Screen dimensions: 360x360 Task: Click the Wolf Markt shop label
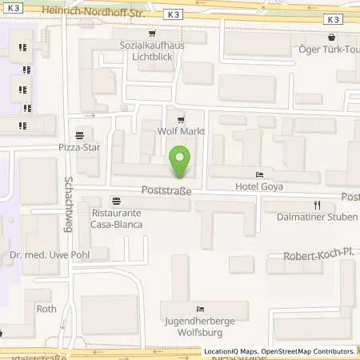click(x=182, y=131)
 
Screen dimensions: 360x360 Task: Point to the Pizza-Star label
click(x=79, y=148)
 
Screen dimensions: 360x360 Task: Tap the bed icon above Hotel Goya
click(x=258, y=174)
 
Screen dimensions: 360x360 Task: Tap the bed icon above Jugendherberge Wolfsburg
click(x=199, y=309)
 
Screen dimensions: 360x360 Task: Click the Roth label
click(x=46, y=307)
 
